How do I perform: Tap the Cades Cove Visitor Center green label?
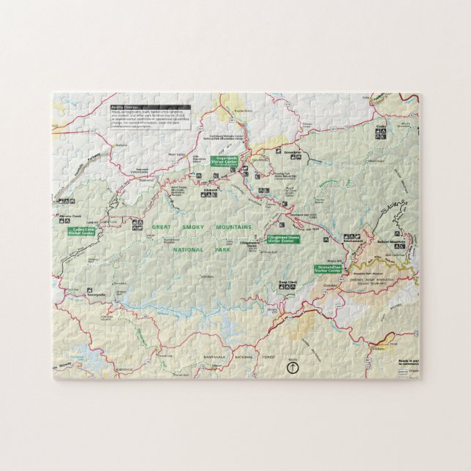tap(81, 230)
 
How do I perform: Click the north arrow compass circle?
tap(293, 368)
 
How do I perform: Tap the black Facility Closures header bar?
tap(150, 107)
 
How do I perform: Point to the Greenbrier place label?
tap(293, 152)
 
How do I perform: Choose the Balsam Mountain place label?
tap(391, 241)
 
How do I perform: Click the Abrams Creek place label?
tap(70, 216)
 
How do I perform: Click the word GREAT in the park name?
tap(162, 227)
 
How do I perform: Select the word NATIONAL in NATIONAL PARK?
tap(187, 249)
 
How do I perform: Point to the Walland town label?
tap(121, 145)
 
